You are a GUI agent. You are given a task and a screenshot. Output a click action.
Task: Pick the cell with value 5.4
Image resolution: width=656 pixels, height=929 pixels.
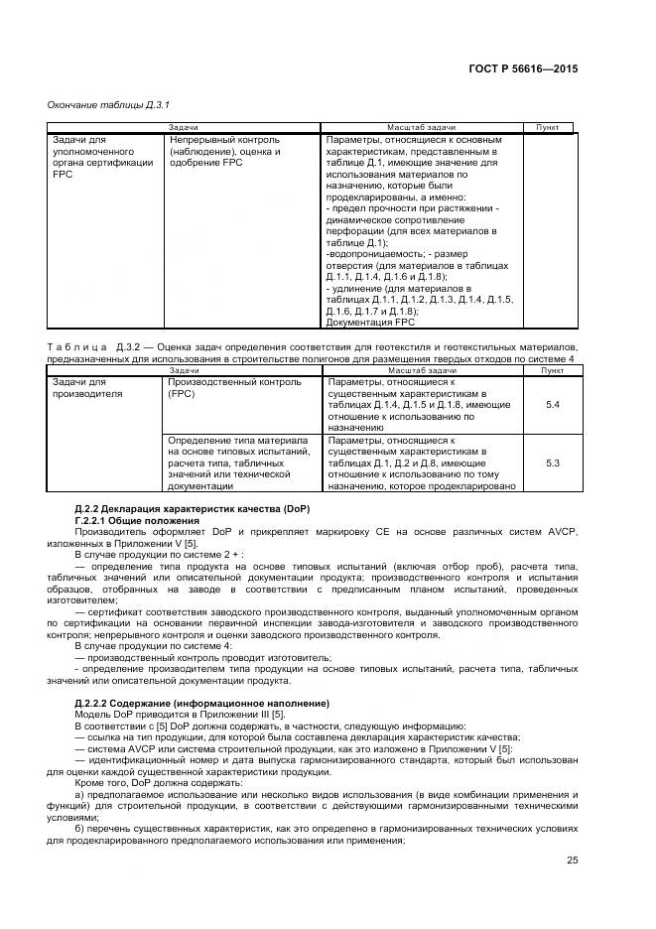tap(553, 405)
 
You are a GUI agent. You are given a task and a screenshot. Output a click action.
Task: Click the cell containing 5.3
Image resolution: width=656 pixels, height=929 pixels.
tap(553, 463)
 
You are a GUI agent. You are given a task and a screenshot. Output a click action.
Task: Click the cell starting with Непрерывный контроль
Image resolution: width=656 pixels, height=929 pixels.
tap(224, 151)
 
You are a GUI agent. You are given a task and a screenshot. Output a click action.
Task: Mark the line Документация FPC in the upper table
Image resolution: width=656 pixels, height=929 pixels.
tap(370, 323)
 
